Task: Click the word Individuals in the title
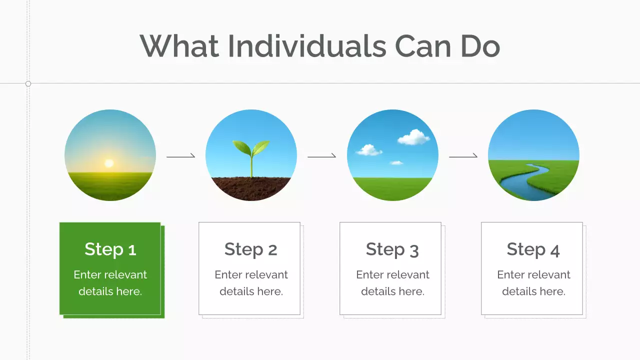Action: [x=306, y=46]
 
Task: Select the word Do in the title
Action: [x=480, y=46]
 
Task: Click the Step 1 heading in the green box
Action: [x=110, y=249]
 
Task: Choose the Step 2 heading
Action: [x=250, y=249]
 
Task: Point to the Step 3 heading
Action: [x=392, y=249]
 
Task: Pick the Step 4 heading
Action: [x=533, y=249]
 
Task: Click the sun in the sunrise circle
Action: [x=109, y=163]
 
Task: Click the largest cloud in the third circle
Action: [x=414, y=137]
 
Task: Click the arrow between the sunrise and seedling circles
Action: [x=180, y=156]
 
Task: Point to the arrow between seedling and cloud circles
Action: [x=321, y=156]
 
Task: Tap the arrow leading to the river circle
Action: [x=463, y=156]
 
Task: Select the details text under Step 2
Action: [x=251, y=283]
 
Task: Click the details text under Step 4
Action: [x=533, y=283]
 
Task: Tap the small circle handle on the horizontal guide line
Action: [x=28, y=83]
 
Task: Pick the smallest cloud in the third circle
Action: [x=396, y=162]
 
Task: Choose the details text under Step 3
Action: [x=392, y=283]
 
